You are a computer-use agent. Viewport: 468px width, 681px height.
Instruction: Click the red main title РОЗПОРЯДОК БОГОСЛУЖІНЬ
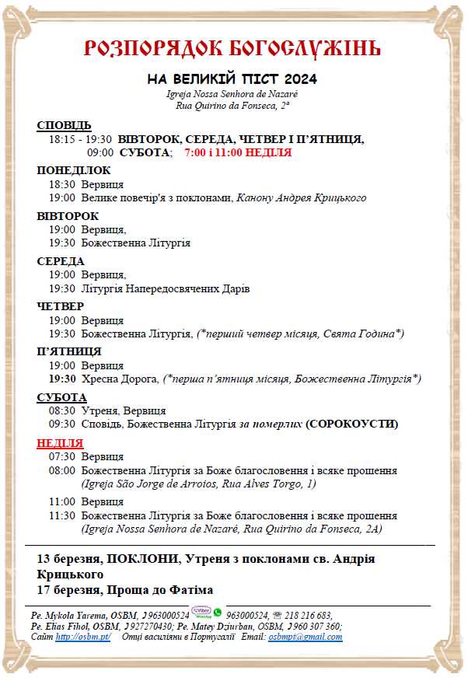232,49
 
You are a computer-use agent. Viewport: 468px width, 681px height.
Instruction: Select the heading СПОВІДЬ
64,125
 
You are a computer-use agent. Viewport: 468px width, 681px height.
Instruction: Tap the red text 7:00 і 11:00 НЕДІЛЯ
238,152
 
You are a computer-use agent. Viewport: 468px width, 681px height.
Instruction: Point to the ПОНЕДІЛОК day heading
73,170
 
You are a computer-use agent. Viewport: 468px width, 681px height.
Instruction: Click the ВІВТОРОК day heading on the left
68,215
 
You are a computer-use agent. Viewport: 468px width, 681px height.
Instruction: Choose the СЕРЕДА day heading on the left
61,261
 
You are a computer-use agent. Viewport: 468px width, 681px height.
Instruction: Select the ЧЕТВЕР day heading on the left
60,306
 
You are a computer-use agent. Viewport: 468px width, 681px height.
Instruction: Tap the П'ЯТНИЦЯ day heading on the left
69,351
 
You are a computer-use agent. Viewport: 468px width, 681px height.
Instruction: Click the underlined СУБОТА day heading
61,397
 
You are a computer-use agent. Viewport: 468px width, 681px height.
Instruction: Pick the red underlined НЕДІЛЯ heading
60,443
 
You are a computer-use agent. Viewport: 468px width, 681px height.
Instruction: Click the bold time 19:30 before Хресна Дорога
62,379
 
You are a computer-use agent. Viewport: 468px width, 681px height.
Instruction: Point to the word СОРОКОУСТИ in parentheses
351,424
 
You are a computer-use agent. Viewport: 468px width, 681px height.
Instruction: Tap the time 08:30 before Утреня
62,410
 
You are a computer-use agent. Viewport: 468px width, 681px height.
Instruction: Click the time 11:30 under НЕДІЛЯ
62,515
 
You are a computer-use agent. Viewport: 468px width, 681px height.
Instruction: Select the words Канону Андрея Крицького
301,197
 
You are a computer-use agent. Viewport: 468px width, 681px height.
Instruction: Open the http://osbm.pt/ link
83,637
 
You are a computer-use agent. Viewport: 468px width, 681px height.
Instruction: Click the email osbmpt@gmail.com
305,637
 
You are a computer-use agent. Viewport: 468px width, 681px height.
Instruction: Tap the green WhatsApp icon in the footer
218,613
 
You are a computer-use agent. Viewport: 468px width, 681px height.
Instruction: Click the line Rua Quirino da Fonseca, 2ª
232,104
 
